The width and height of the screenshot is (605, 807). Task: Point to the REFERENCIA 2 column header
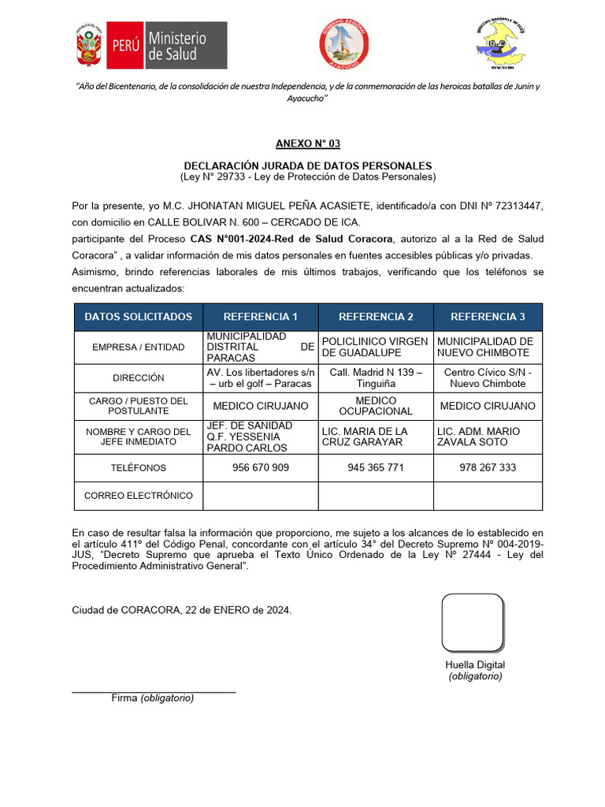(376, 317)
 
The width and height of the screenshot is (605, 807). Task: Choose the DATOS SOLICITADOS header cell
(138, 317)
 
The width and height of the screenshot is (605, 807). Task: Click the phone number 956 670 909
(261, 467)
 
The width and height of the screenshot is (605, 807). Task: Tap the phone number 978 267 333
(488, 467)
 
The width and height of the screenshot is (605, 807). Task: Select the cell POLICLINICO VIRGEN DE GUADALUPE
(376, 347)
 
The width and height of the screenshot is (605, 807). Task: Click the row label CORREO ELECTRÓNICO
(138, 496)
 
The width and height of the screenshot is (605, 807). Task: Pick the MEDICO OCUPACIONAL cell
(376, 406)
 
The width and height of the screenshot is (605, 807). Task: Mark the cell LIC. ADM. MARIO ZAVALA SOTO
(488, 437)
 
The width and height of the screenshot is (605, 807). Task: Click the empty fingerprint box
(473, 623)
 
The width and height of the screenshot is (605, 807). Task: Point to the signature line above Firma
(154, 691)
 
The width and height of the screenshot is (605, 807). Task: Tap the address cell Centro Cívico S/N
(488, 377)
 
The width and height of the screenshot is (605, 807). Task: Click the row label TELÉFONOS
(138, 467)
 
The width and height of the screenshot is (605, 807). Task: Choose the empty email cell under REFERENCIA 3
(488, 496)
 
